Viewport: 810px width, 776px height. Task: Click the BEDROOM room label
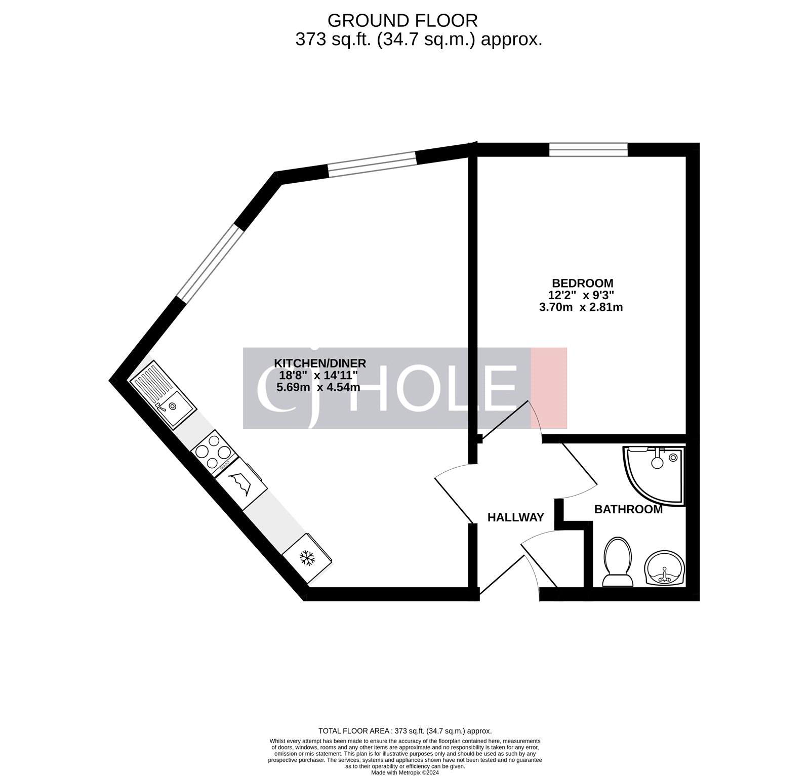[x=582, y=283]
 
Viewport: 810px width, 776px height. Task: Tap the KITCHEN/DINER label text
[x=319, y=363]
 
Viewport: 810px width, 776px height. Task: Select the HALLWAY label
[x=515, y=517]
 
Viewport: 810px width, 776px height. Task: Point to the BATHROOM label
[x=628, y=509]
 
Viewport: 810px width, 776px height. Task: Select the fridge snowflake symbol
[x=307, y=558]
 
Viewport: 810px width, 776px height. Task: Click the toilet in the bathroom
[x=617, y=562]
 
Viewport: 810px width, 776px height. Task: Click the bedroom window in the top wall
[x=589, y=150]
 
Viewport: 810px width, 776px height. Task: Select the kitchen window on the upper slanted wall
[x=372, y=164]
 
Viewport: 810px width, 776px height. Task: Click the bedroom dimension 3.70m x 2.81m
[x=582, y=307]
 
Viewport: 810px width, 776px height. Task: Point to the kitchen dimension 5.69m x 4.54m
[x=318, y=387]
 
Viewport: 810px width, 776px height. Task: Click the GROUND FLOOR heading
[x=402, y=20]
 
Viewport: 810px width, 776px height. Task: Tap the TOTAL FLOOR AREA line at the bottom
[x=404, y=731]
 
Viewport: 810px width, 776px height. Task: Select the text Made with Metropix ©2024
[x=404, y=772]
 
